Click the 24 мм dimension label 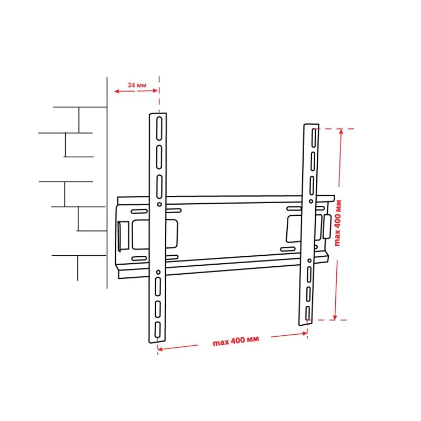[137, 85]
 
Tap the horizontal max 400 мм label [236, 340]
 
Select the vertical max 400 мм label [337, 223]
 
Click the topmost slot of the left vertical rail [159, 128]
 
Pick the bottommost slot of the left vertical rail [157, 330]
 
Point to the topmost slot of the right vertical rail [314, 138]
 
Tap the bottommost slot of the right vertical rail [308, 313]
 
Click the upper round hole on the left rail [159, 204]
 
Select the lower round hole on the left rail [158, 272]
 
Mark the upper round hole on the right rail [311, 201]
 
